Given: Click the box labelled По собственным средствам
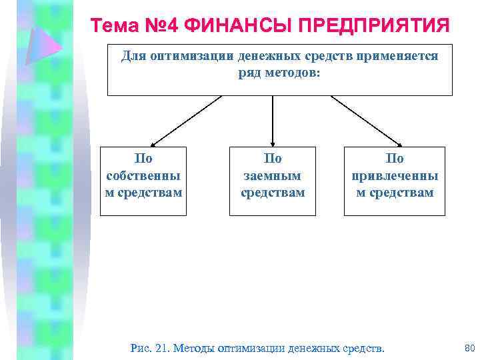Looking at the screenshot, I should point(143,181).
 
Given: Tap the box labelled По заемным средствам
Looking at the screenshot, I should point(272,181).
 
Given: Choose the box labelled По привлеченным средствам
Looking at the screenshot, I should point(395,181).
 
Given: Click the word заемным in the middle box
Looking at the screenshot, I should point(273,175).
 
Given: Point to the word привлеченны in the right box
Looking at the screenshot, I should point(395,175).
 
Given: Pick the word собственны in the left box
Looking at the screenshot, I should point(143,175).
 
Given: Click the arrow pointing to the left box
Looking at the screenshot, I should point(185,121).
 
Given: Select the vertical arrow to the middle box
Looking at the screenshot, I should point(272,120).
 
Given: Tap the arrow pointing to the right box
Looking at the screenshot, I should point(366,121).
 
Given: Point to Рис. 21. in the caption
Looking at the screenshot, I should point(149,347).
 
